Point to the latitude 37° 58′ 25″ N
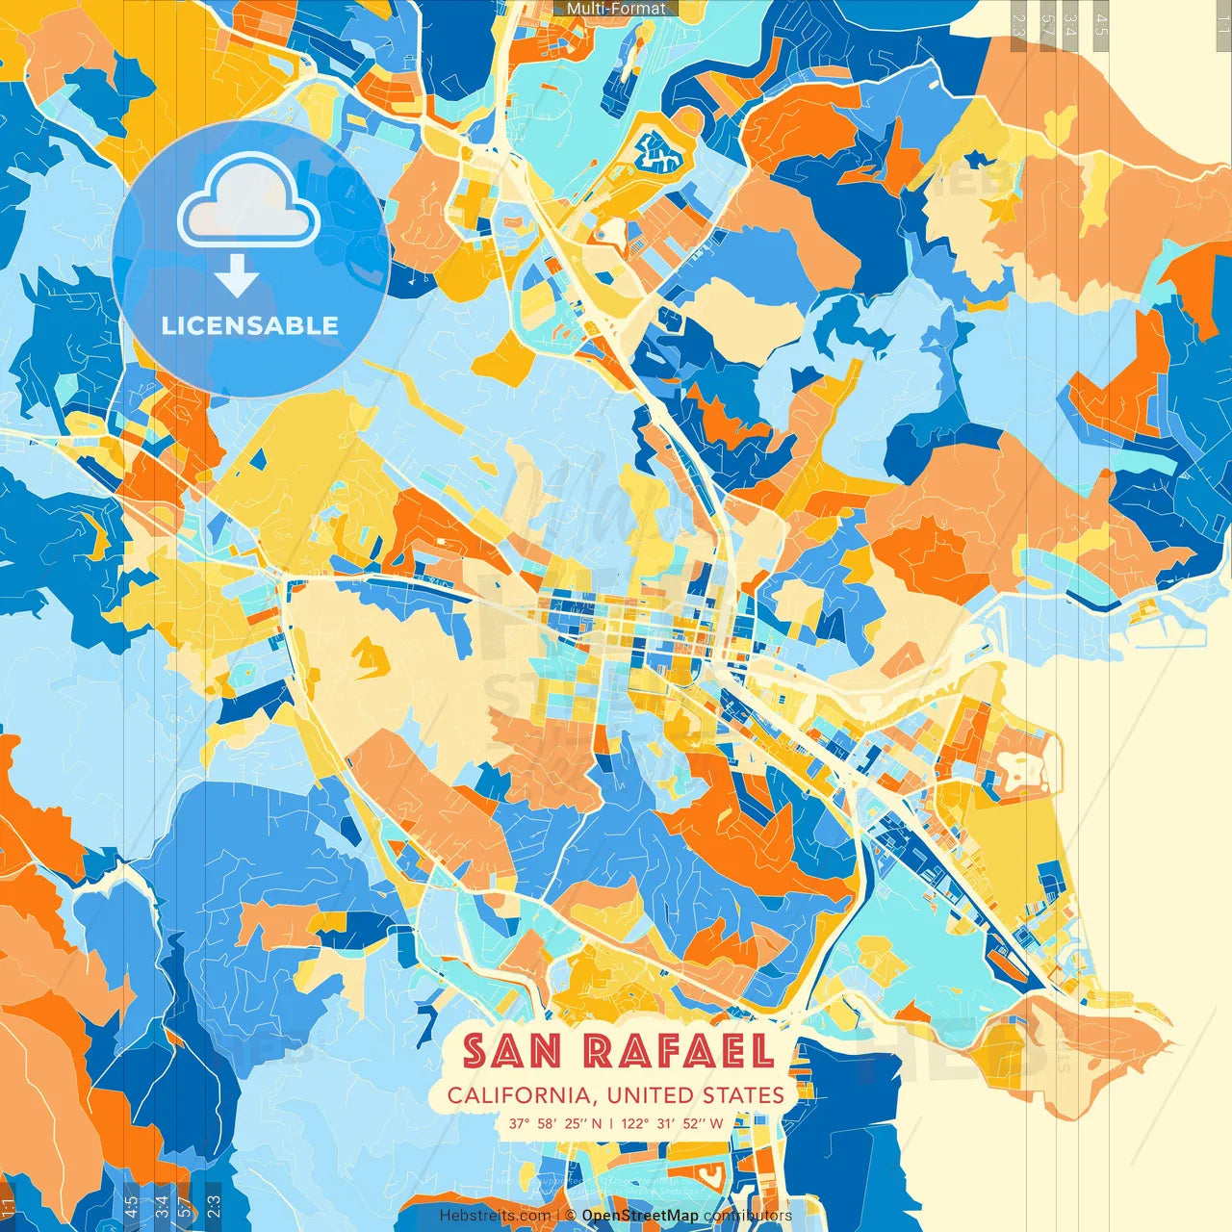pyautogui.click(x=555, y=1123)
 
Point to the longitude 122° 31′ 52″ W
pyautogui.click(x=672, y=1123)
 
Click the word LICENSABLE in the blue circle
pyautogui.click(x=250, y=325)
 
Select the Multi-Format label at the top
pyautogui.click(x=616, y=9)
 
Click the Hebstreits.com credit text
pyautogui.click(x=495, y=1216)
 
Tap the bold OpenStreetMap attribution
pyautogui.click(x=640, y=1216)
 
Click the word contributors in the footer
pyautogui.click(x=747, y=1216)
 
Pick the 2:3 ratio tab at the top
pyautogui.click(x=1018, y=24)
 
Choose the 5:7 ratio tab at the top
pyautogui.click(x=1047, y=24)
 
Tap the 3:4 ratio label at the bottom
pyautogui.click(x=161, y=1204)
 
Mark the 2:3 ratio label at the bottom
pyautogui.click(x=214, y=1204)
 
